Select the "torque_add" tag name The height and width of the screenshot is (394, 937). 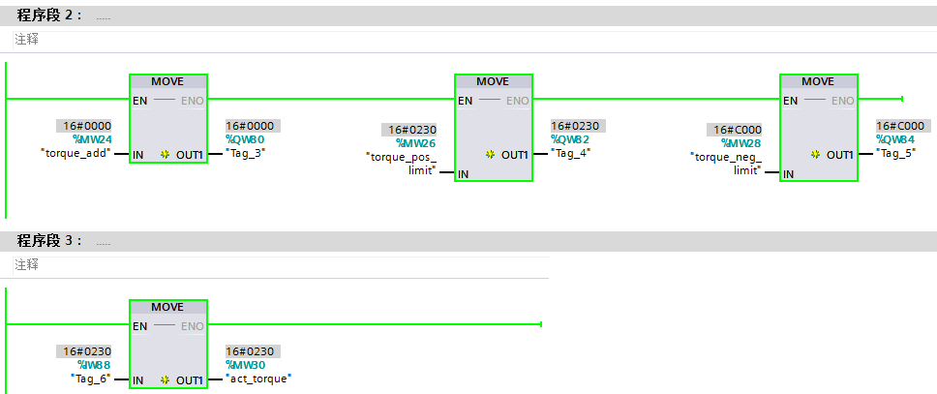(x=76, y=153)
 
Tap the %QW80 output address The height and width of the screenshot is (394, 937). (x=246, y=139)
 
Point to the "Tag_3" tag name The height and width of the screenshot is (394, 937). (x=246, y=153)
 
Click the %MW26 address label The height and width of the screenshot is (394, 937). (x=415, y=143)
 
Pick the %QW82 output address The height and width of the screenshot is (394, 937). (x=571, y=139)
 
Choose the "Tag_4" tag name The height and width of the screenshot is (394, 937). (x=571, y=153)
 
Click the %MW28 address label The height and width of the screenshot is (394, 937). (x=741, y=143)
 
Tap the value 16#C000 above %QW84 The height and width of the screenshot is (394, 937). (x=900, y=126)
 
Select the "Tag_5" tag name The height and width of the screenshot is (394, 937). (x=896, y=153)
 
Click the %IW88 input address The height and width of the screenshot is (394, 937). (x=94, y=365)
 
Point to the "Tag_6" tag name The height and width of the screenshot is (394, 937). (x=91, y=379)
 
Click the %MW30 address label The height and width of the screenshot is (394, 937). (x=246, y=365)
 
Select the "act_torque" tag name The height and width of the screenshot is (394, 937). (x=258, y=379)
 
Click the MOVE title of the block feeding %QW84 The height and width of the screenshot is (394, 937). (x=818, y=82)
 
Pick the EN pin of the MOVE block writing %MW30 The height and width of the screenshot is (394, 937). (x=139, y=326)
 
